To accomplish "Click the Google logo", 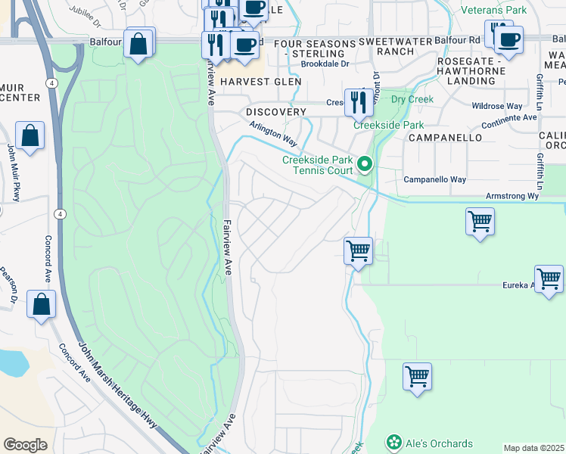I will point(25,445).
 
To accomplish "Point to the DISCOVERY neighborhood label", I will point(276,112).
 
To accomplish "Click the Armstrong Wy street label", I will point(512,195).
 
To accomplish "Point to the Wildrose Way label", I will point(497,107).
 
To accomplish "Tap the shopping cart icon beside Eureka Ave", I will point(548,278).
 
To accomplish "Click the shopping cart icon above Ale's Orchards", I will point(417,376).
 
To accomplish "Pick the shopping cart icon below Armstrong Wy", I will point(480,222).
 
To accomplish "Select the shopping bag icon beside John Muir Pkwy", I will point(30,136).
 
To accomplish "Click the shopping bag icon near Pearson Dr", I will point(42,304).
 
